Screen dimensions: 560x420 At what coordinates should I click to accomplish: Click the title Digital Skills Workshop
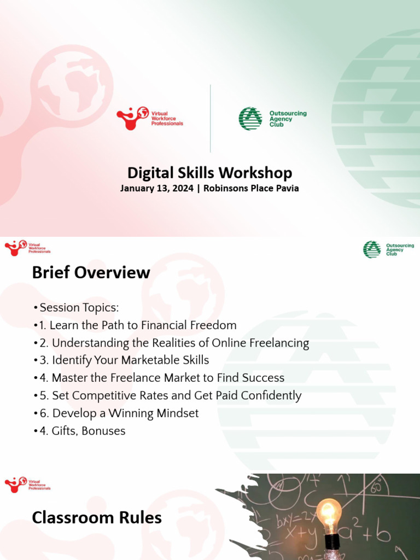click(x=209, y=173)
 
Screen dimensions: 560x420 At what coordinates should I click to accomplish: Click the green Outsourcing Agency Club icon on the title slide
click(x=250, y=118)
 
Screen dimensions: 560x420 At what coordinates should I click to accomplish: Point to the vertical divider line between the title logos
click(x=211, y=118)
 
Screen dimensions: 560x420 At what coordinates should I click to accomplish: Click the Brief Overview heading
click(x=91, y=272)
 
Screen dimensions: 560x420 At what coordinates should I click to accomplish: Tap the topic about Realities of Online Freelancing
click(x=180, y=343)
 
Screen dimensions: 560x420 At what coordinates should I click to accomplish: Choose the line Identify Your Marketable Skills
click(x=130, y=360)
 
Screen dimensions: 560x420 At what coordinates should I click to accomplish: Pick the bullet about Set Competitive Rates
click(x=176, y=395)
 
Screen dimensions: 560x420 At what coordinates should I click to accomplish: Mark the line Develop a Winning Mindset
click(x=125, y=413)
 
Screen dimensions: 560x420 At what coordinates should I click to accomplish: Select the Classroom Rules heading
click(x=97, y=517)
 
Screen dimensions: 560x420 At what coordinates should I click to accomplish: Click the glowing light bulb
click(x=329, y=514)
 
